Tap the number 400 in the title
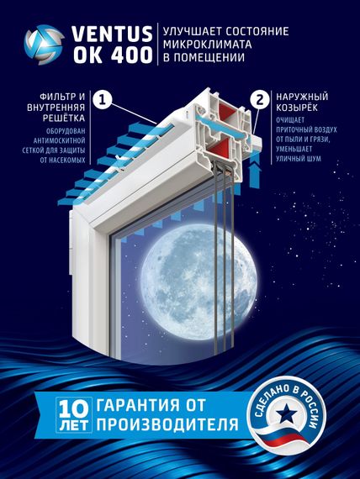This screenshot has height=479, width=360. [x=129, y=56]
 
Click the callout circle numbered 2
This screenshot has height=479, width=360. [x=258, y=99]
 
